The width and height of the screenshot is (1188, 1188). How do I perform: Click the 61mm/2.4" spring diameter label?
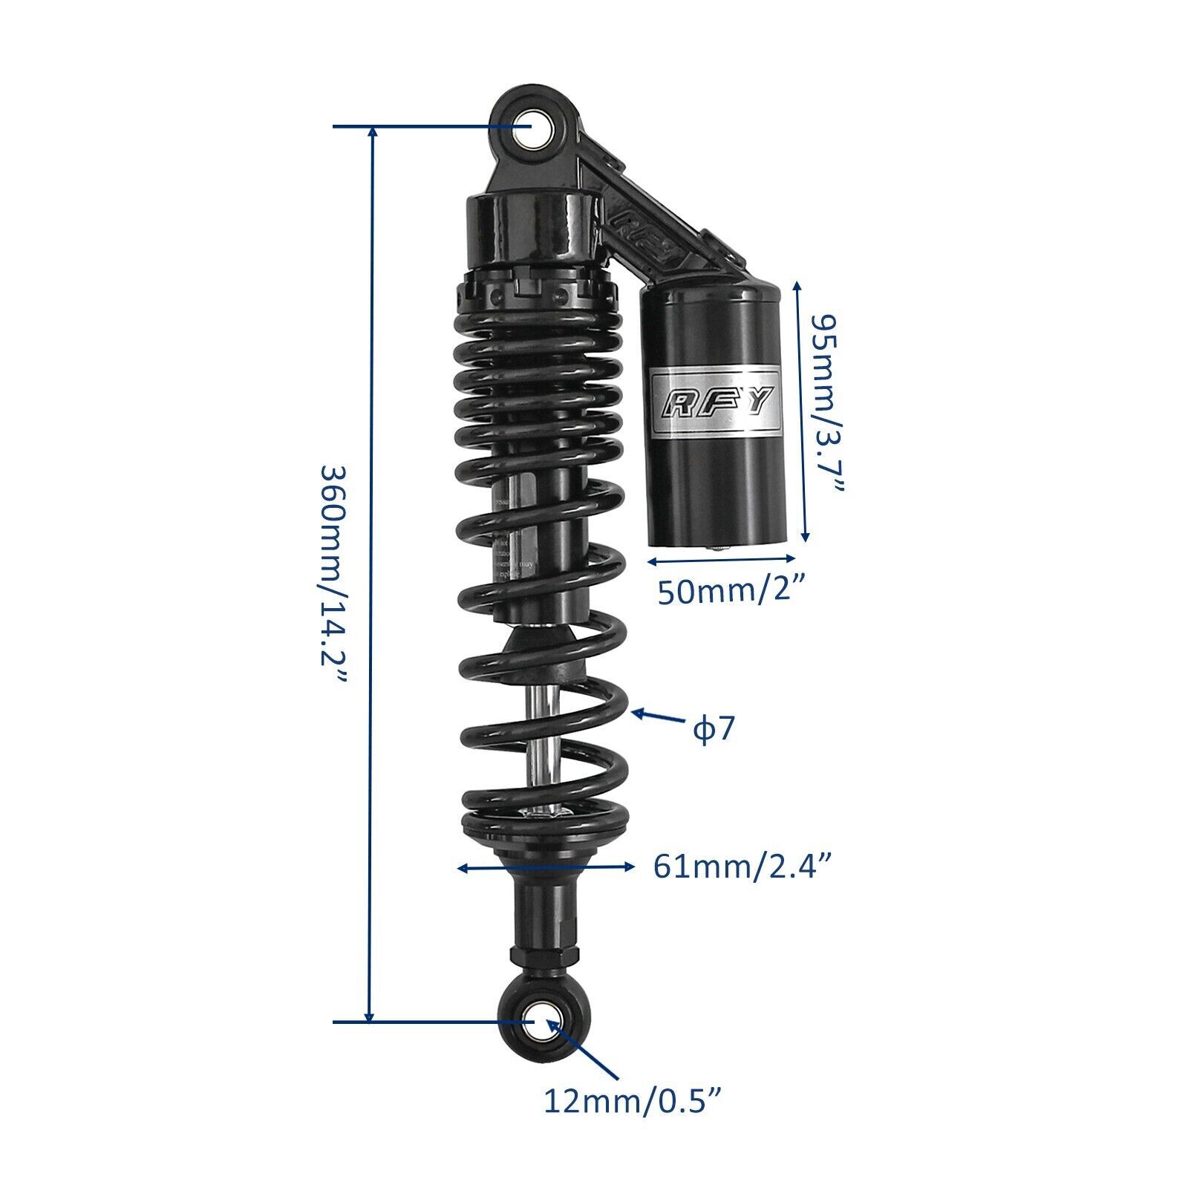[x=741, y=866]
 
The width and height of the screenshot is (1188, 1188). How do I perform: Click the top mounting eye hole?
[x=531, y=127]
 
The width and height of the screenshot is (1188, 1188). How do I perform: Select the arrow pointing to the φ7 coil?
[x=656, y=717]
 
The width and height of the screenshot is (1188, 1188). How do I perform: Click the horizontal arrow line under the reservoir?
[x=721, y=560]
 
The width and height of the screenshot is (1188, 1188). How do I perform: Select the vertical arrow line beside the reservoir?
[x=800, y=412]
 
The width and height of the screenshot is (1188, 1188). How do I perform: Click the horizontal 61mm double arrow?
[x=546, y=866]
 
